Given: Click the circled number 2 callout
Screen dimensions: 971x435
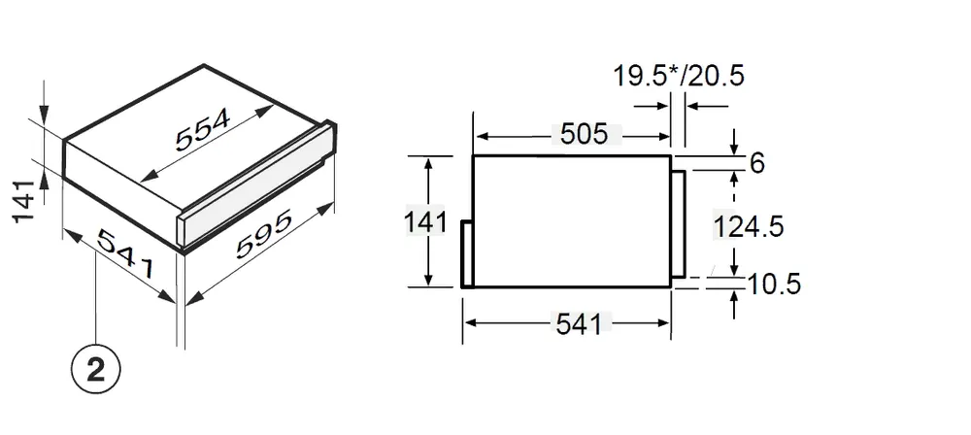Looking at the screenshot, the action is pyautogui.click(x=96, y=371).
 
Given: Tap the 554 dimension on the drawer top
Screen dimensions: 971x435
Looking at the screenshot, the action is pyautogui.click(x=203, y=129).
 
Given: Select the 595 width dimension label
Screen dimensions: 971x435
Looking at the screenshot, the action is pyautogui.click(x=264, y=235).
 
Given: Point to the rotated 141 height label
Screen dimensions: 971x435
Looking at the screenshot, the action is pyautogui.click(x=22, y=201).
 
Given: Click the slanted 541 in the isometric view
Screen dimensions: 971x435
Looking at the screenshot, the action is pyautogui.click(x=125, y=253).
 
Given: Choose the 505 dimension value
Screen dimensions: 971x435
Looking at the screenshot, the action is pyautogui.click(x=585, y=134).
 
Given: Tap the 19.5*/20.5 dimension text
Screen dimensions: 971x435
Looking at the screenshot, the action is pyautogui.click(x=678, y=76).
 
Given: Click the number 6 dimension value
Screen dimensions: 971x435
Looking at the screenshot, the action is pyautogui.click(x=756, y=163).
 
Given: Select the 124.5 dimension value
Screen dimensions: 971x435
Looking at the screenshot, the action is pyautogui.click(x=749, y=226).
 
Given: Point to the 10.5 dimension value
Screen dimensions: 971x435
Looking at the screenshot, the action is pyautogui.click(x=774, y=284).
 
